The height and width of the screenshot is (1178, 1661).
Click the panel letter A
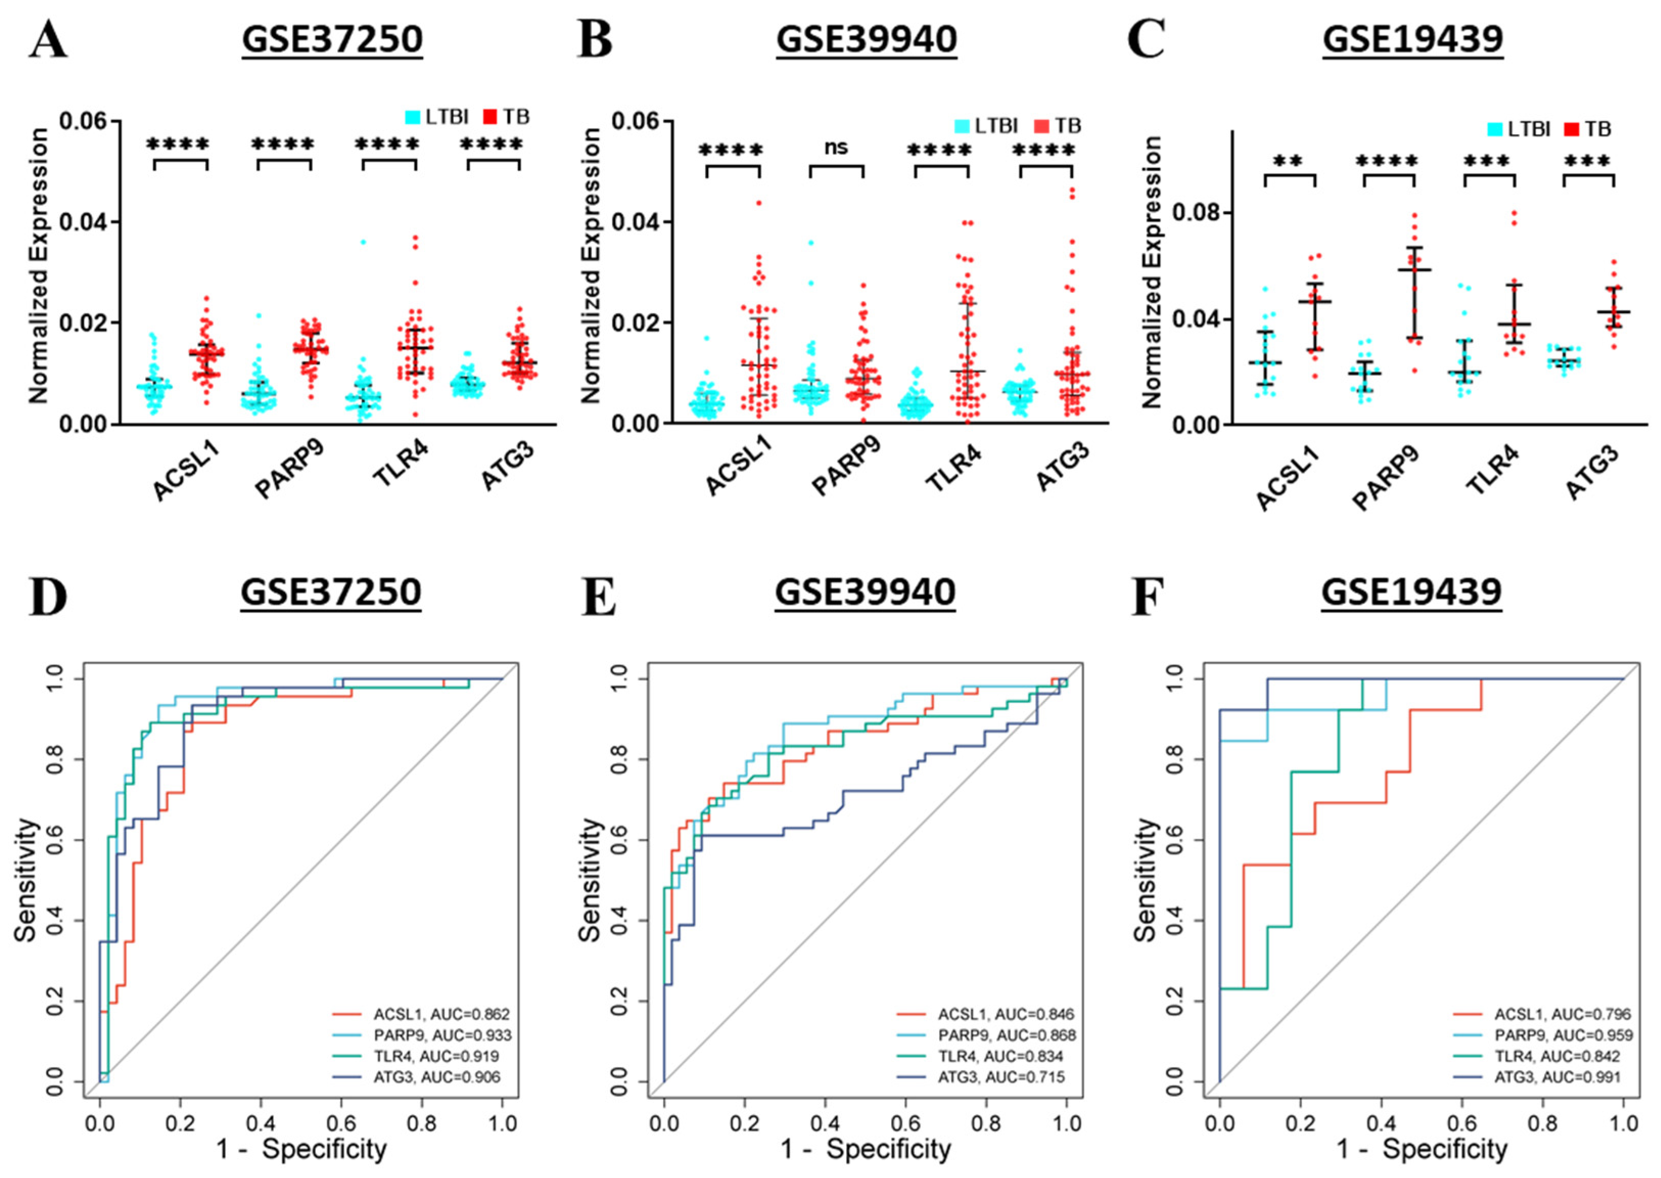pos(48,39)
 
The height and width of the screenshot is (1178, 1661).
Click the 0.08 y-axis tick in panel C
pos(1196,213)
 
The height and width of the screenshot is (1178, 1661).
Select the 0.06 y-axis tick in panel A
pos(82,121)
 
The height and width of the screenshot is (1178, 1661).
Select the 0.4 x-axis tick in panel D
pos(261,1124)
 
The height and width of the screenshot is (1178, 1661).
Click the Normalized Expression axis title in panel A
pos(38,266)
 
